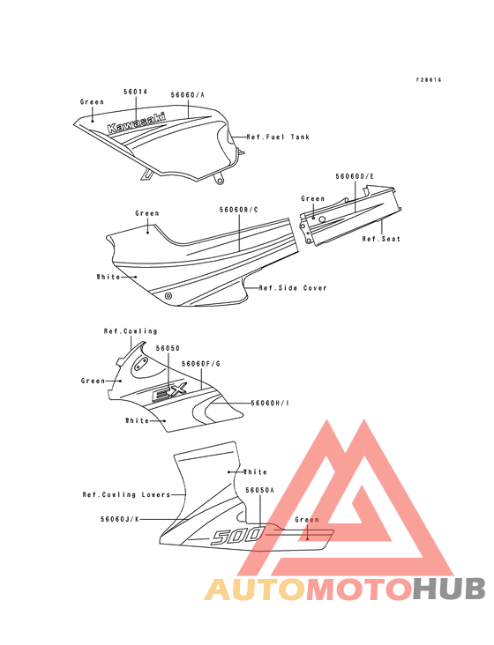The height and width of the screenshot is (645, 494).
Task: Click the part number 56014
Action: coord(136,92)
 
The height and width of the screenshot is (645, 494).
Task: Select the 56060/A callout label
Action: coord(188,95)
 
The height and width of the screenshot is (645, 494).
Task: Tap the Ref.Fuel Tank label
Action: coord(278,137)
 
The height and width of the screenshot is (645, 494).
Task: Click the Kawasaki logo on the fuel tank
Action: coord(136,122)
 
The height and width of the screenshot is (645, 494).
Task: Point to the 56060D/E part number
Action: coord(355,176)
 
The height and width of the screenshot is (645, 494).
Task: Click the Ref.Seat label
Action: coord(381,239)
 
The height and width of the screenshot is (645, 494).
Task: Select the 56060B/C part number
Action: coord(239,210)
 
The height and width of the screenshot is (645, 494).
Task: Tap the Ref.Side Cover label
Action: coord(293,288)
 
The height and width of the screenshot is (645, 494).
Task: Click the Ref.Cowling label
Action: coord(131,331)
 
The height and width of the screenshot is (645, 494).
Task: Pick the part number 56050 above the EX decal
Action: coord(168,348)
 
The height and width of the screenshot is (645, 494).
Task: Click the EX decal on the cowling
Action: coord(170,391)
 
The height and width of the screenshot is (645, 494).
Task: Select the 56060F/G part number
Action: coord(201,364)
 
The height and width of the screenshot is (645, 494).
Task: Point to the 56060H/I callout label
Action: coord(270,404)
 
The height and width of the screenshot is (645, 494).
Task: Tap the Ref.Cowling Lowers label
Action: coord(126,495)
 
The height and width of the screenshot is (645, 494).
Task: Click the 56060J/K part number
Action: coord(120,520)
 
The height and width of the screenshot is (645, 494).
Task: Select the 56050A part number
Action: coord(259,490)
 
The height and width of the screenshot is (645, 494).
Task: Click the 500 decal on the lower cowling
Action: coord(237,537)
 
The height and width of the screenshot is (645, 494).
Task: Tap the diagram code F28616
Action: coord(429,80)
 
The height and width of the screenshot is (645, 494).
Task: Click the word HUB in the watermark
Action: coord(450,589)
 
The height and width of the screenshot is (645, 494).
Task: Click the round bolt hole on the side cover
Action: coord(168,296)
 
